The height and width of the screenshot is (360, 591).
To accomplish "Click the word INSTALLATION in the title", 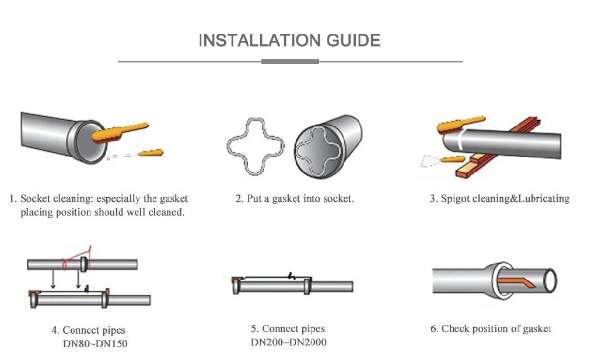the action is point(259,40).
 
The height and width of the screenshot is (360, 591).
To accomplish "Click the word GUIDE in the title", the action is point(354,40).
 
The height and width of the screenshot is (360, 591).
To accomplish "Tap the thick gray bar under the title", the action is point(290,61).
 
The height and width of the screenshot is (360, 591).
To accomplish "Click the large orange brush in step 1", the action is point(120,132).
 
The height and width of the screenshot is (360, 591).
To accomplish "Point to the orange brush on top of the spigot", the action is point(460,124).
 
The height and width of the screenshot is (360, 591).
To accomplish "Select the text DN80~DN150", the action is point(95,344).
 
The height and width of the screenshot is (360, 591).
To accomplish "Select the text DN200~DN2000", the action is point(289,342).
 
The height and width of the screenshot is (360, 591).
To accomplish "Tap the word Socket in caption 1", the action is point(35,198).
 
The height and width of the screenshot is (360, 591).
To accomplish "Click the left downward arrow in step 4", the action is point(53,279).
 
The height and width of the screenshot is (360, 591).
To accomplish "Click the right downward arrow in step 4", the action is point(78,279).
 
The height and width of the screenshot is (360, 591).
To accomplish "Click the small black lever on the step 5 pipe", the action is point(291,275).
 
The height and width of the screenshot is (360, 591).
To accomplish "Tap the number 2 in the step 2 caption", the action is point(238,198).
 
